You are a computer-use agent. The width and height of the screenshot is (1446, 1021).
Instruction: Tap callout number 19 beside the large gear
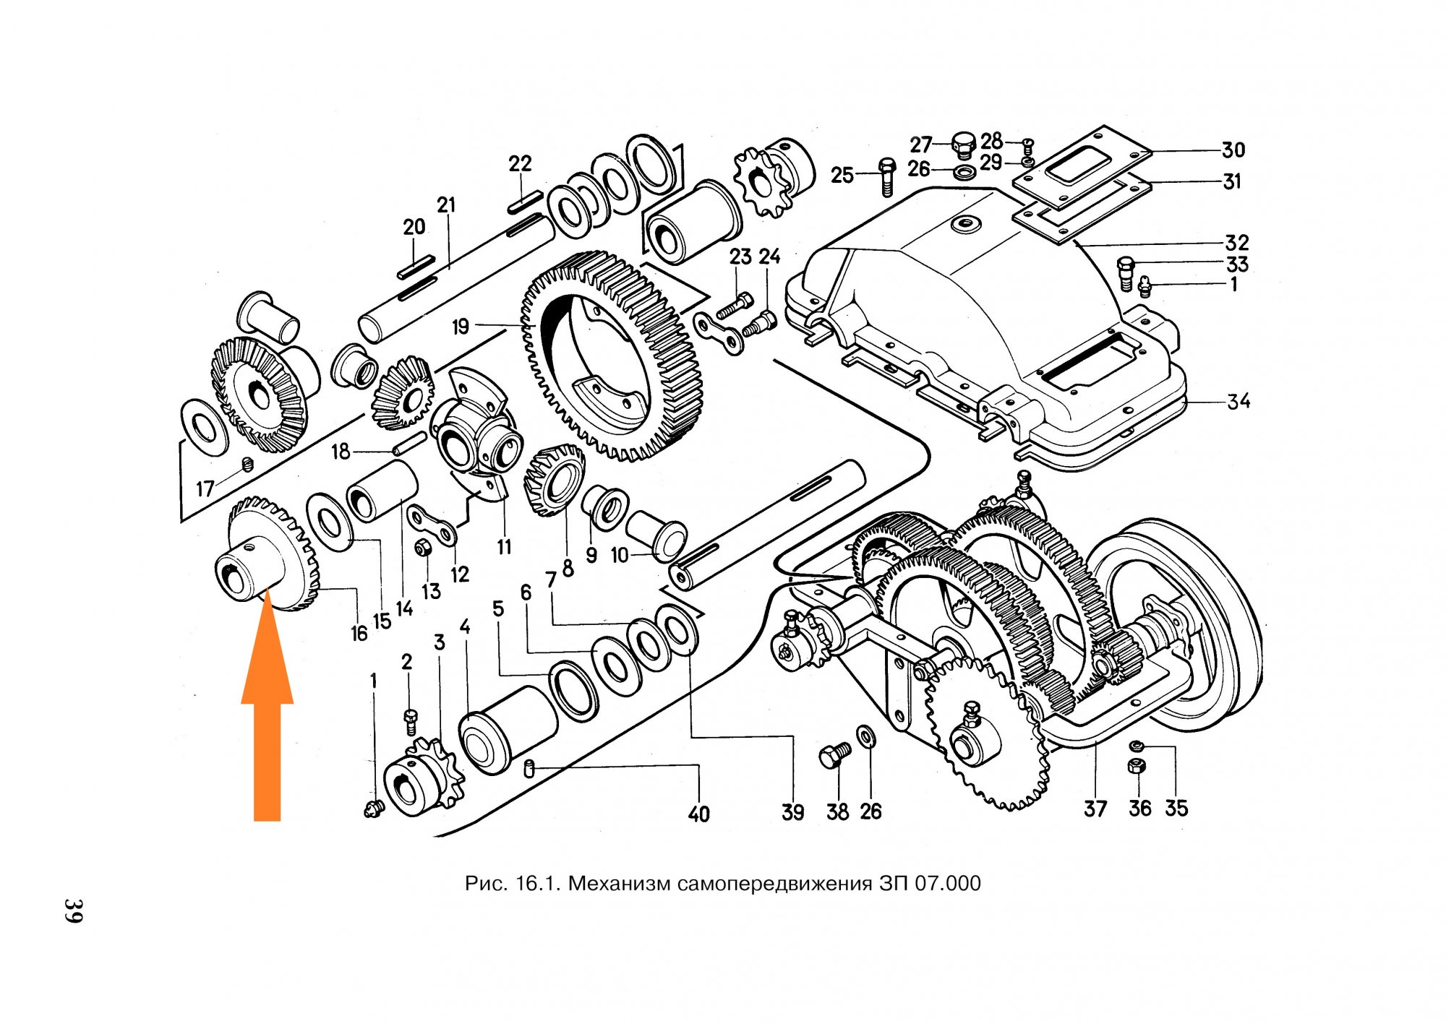pos(461,327)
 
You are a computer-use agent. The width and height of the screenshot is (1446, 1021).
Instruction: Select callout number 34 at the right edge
pos(1238,401)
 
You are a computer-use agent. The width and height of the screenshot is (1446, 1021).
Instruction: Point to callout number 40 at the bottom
pos(698,814)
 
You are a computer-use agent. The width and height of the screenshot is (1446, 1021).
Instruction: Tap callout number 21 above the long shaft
pos(447,205)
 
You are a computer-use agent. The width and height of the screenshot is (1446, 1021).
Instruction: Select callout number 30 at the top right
pos(1233,150)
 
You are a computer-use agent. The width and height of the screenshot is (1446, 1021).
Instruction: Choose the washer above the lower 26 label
pos(865,736)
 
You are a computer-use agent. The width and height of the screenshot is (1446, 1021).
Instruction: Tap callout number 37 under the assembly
pos(1095,809)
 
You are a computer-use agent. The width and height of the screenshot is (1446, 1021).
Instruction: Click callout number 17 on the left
pos(205,488)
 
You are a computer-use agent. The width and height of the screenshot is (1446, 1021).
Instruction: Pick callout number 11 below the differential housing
pos(504,547)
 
